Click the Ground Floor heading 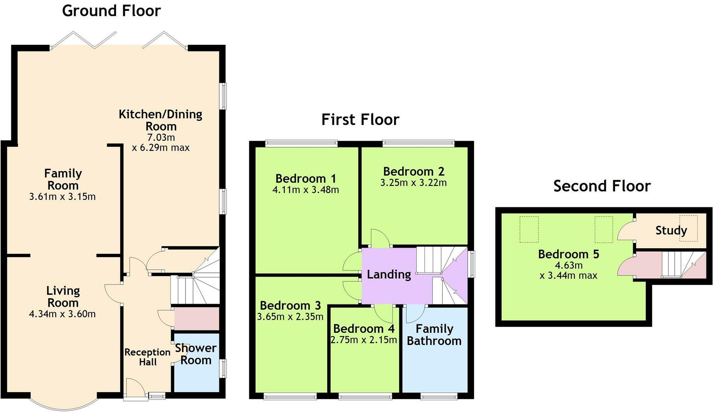click(111, 11)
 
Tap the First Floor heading click(360, 119)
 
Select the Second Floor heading click(602, 186)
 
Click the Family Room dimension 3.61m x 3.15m click(62, 197)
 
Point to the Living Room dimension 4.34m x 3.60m click(62, 314)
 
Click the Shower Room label click(196, 354)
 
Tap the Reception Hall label click(147, 357)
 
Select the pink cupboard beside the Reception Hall click(196, 319)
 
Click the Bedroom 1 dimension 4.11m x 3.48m click(306, 190)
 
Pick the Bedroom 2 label click(414, 172)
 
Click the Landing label click(389, 274)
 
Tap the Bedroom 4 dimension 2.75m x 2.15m click(364, 340)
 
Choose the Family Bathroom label click(434, 335)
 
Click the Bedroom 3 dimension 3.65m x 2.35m click(290, 317)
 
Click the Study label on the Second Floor click(671, 230)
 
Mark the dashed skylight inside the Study click(688, 228)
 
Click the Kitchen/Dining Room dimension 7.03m click(161, 137)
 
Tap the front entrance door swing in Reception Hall click(134, 387)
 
